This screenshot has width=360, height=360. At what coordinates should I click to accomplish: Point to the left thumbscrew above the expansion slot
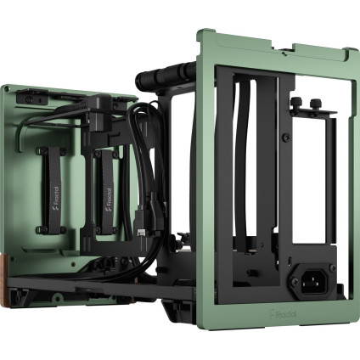click(x=296, y=104)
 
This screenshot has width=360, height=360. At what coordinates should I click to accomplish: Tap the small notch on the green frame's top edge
click(x=260, y=39)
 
